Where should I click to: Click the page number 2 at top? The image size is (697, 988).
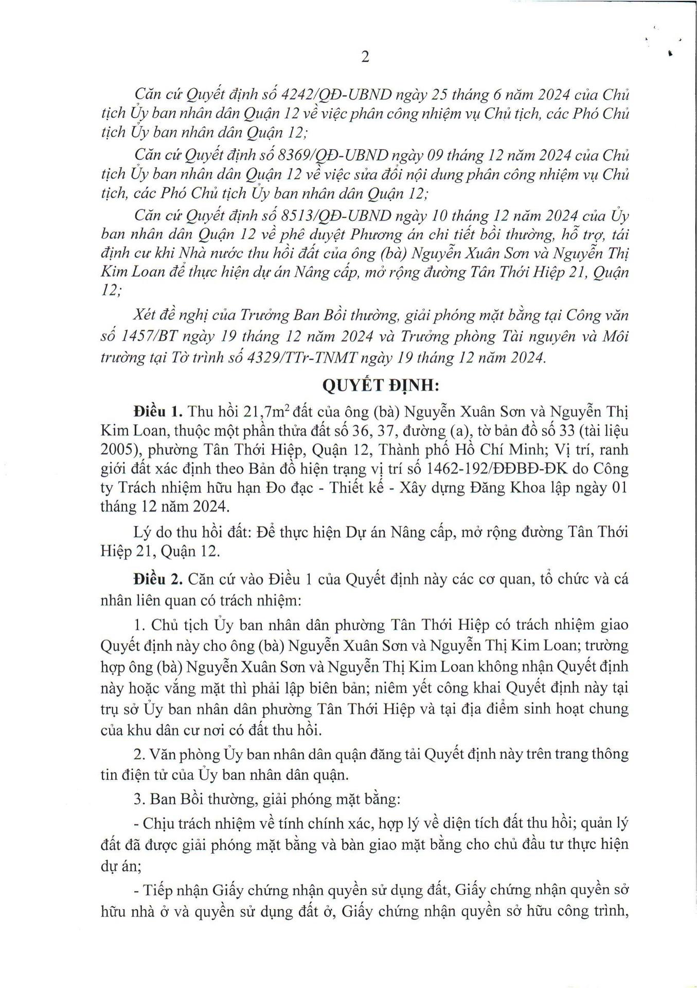pos(365,57)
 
